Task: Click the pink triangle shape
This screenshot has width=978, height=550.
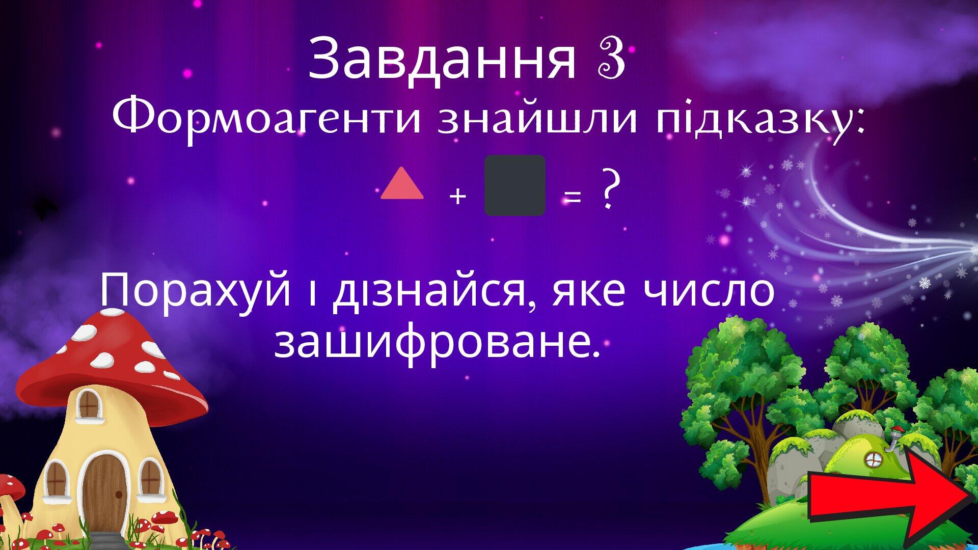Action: coord(402,184)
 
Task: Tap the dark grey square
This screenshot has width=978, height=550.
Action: coord(514,185)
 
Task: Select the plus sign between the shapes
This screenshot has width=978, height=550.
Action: coord(458,196)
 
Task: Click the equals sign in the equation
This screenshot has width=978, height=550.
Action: coord(573,197)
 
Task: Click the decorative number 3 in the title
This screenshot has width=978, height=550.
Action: coord(610,60)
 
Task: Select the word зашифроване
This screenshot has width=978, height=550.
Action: coord(436,342)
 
